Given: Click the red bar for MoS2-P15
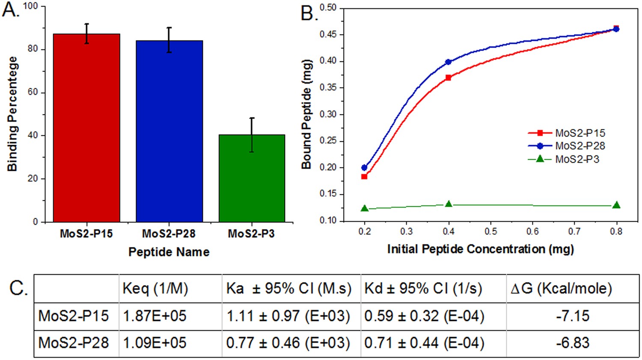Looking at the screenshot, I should click(86, 128).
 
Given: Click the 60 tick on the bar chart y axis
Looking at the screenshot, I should click(33, 92).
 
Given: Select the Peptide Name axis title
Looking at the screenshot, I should click(169, 252).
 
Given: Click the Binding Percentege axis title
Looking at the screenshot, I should click(12, 114).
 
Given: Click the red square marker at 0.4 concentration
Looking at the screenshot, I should click(448, 78).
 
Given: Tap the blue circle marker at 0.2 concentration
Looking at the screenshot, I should click(364, 167).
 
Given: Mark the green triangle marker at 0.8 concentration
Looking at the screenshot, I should click(616, 205).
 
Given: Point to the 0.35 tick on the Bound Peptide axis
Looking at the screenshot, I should click(328, 88).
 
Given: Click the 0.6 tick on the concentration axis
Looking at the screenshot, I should click(532, 232).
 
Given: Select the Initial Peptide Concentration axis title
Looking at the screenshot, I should click(480, 249).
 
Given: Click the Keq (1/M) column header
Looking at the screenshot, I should click(155, 289).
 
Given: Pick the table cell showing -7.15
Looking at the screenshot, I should click(573, 316).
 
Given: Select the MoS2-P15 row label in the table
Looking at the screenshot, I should click(74, 316).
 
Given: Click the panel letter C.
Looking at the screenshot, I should click(18, 288).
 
